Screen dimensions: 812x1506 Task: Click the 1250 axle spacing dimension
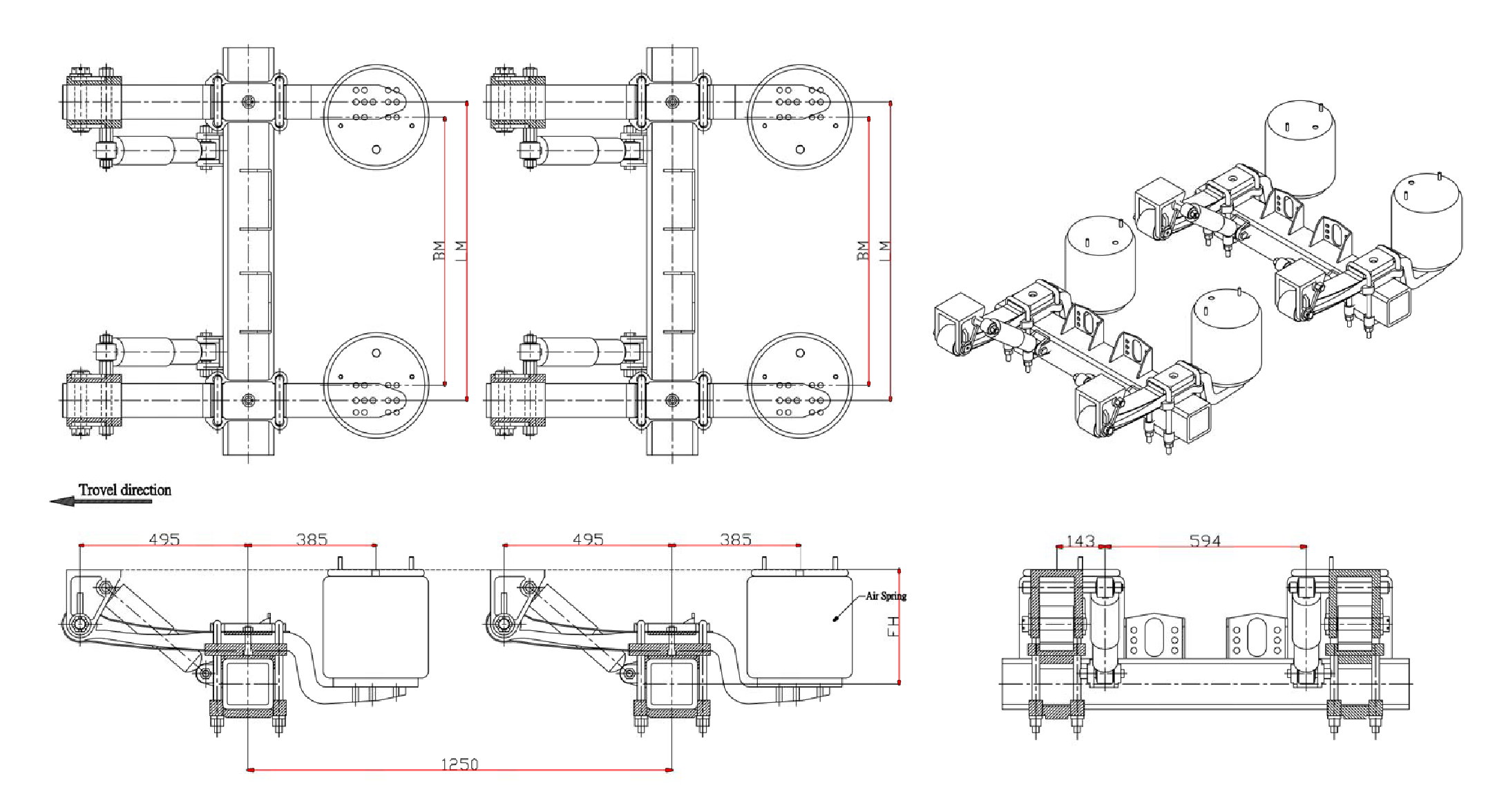click(x=459, y=764)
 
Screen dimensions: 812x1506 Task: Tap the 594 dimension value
click(x=1205, y=540)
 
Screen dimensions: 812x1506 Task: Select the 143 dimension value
click(x=1080, y=540)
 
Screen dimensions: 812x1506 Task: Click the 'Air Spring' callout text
click(x=886, y=596)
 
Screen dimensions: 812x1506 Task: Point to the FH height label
click(x=893, y=626)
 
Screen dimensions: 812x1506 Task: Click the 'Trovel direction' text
click(x=124, y=490)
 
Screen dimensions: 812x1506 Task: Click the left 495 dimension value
click(x=164, y=539)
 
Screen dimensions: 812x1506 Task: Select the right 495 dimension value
click(x=588, y=539)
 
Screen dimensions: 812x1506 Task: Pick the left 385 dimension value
click(x=312, y=539)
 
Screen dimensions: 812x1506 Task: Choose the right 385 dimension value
click(x=735, y=539)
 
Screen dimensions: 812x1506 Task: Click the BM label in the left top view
click(x=439, y=250)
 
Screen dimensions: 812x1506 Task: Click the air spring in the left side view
click(x=376, y=627)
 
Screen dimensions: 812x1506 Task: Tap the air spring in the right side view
click(x=799, y=627)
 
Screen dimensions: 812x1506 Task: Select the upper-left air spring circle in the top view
click(x=376, y=117)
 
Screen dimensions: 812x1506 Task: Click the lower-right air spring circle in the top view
click(x=799, y=385)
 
